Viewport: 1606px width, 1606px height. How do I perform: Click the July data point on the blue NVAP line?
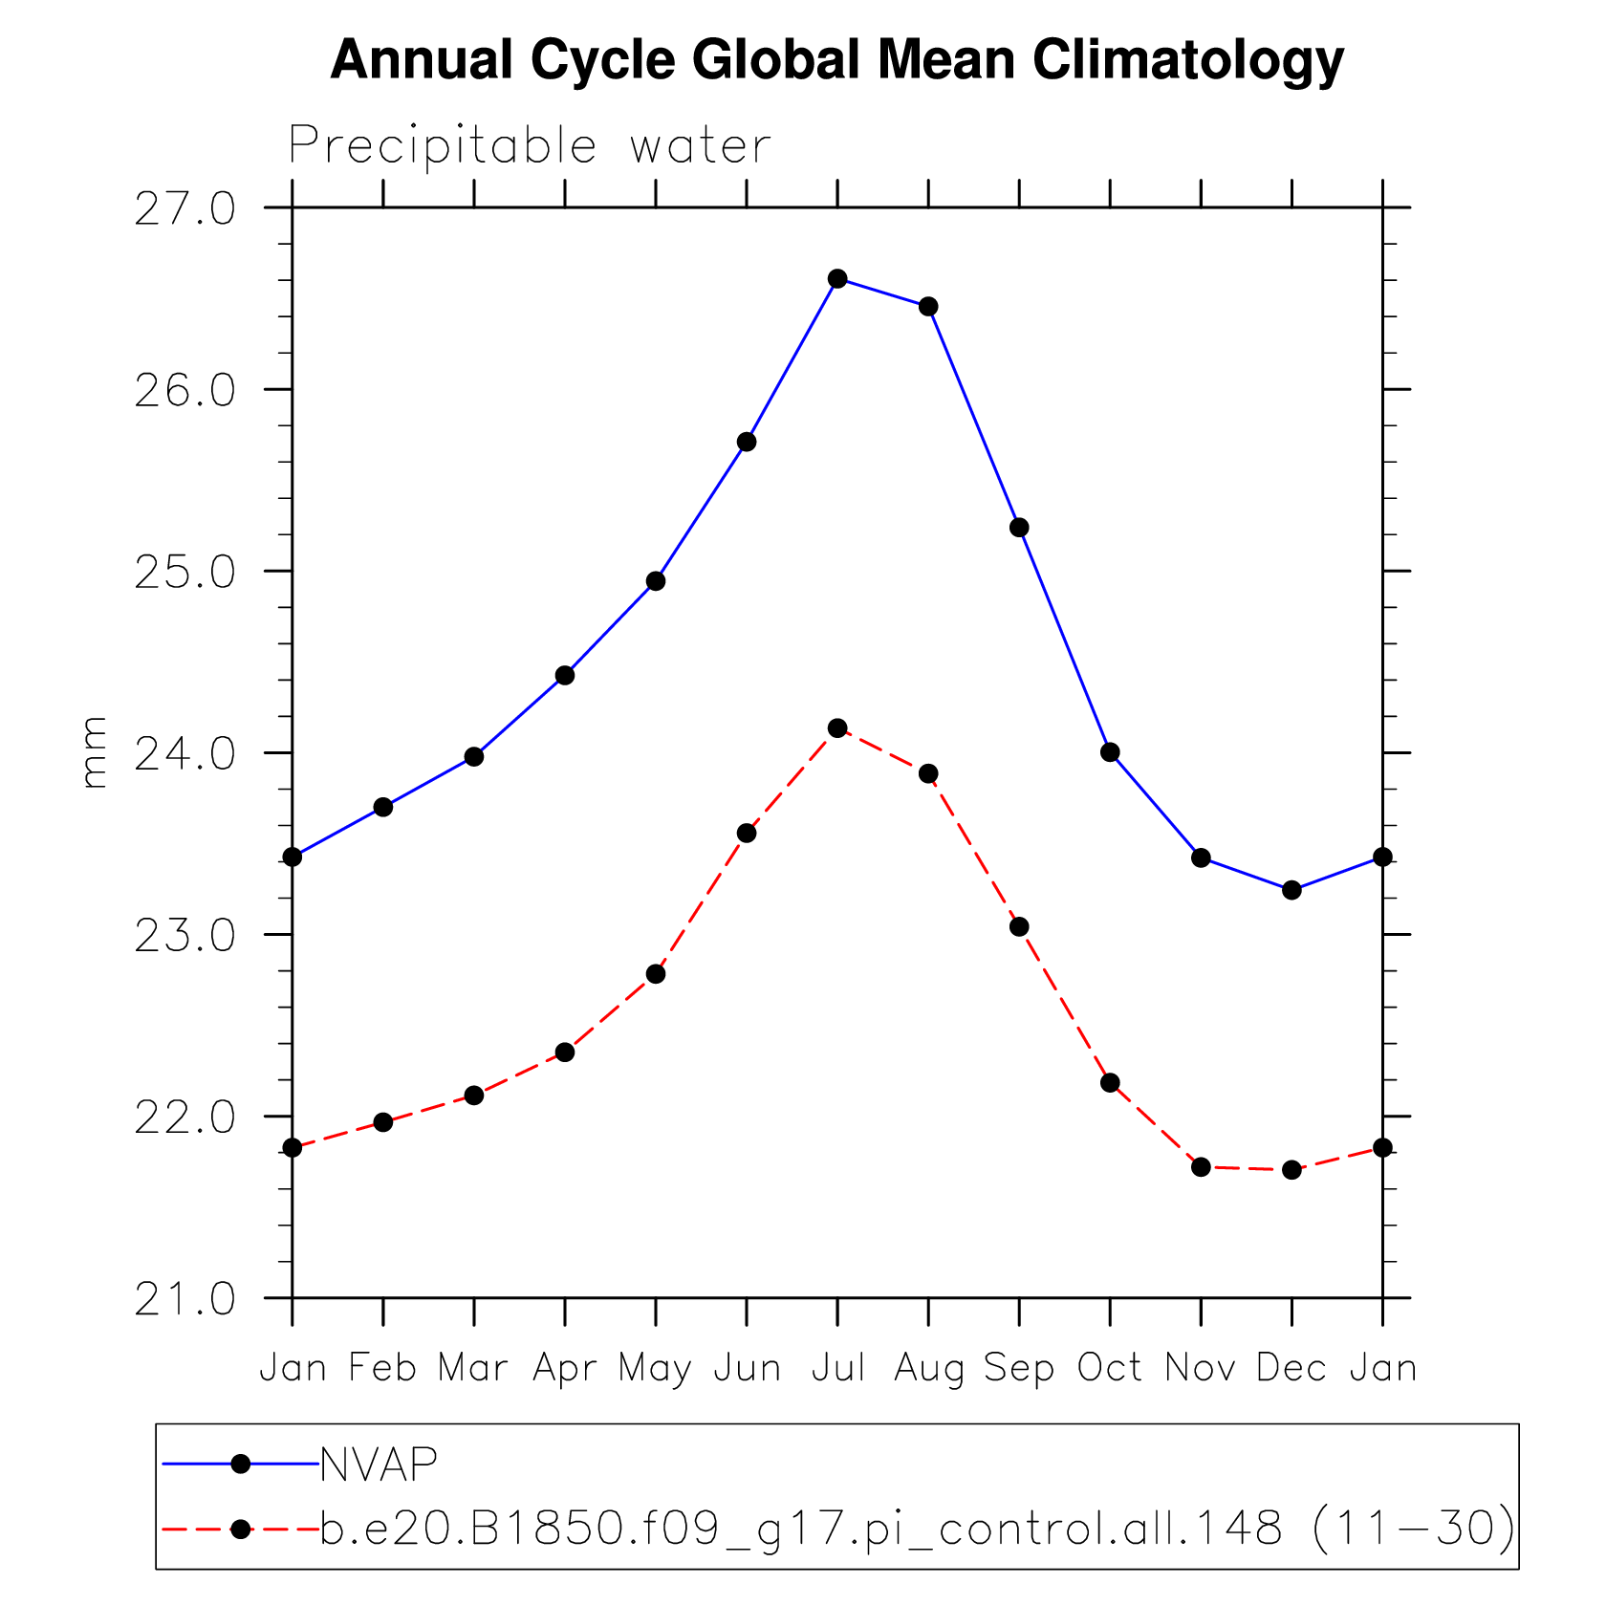pos(837,278)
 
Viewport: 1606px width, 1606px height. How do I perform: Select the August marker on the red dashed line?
pos(928,773)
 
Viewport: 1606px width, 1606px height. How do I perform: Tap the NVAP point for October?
pos(1110,752)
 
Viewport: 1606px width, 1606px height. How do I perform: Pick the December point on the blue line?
pos(1291,890)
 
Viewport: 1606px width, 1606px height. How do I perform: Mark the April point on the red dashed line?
pos(565,1053)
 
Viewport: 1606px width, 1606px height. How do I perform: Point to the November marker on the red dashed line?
pos(1201,1167)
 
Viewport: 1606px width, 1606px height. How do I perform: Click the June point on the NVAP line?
pos(747,442)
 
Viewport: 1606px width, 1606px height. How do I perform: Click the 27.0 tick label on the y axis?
pos(184,209)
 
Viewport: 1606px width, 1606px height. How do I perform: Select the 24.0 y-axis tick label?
pos(184,754)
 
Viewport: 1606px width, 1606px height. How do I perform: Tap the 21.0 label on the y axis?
pos(184,1299)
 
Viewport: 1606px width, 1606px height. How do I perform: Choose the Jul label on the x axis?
pos(838,1368)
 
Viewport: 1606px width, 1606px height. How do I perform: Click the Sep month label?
pos(1019,1368)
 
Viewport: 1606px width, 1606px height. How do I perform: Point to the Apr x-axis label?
pos(565,1368)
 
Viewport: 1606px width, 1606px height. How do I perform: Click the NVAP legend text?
pos(379,1464)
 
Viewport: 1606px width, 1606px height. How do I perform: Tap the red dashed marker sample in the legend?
pos(241,1530)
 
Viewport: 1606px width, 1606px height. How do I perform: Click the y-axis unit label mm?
pos(94,752)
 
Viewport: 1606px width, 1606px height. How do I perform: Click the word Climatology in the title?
pos(1187,60)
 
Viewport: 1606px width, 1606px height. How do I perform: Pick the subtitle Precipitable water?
pos(530,146)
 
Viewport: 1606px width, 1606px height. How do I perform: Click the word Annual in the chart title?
pos(423,60)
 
